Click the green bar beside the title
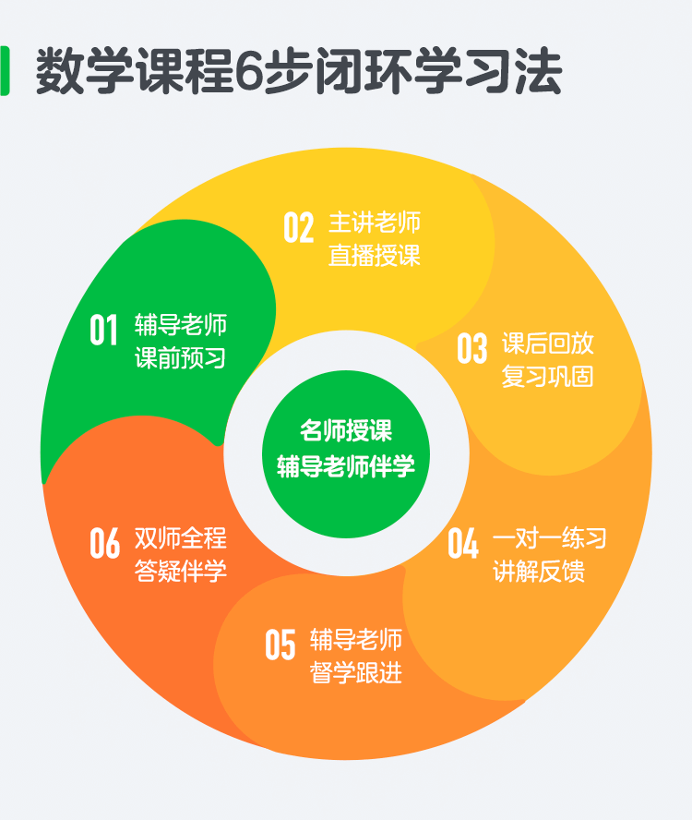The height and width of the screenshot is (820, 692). point(5,70)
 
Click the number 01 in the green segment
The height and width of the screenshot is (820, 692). point(103,330)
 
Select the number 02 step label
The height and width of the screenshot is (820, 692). point(298,227)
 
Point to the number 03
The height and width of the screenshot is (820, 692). point(472,348)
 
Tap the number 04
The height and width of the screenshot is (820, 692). point(463,543)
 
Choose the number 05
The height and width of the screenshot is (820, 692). point(280,645)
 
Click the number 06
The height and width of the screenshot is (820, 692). point(104,543)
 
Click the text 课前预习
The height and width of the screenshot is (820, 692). point(180,357)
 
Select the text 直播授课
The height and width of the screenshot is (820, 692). point(375,255)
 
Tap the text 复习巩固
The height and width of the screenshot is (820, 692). point(547,376)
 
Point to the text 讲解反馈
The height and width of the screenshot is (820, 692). point(539,571)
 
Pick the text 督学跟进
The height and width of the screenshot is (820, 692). point(356,672)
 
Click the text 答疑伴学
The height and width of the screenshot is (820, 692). point(180,571)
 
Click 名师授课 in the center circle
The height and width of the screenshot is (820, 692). point(346,430)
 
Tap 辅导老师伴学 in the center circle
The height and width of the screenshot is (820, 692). point(346,466)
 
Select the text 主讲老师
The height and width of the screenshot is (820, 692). point(375,223)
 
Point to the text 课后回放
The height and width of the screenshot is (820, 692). point(547,344)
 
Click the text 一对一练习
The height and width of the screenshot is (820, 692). point(549,538)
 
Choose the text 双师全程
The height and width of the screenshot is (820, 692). point(180,538)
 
